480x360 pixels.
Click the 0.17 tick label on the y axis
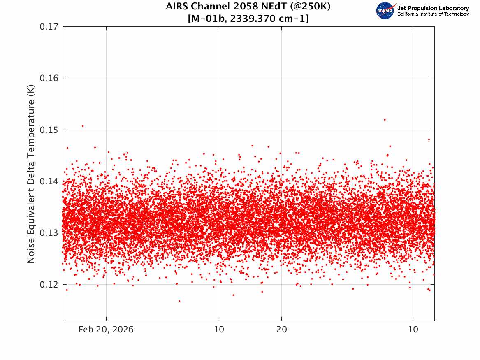point(49,27)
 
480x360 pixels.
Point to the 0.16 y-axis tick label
point(49,78)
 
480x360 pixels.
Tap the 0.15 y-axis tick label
point(49,130)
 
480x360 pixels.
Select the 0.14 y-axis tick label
point(49,181)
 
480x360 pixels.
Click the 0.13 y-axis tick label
point(49,233)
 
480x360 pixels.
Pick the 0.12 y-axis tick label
point(49,285)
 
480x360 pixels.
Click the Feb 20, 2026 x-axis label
point(106,330)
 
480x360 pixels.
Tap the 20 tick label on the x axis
point(282,330)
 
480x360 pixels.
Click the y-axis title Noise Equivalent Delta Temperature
point(31,174)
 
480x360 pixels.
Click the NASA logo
point(386,11)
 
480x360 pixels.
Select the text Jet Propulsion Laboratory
point(433,8)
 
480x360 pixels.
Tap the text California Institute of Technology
point(433,14)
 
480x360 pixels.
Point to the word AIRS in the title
point(177,6)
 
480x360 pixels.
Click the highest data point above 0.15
point(385,120)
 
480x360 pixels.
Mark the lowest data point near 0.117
point(179,301)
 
